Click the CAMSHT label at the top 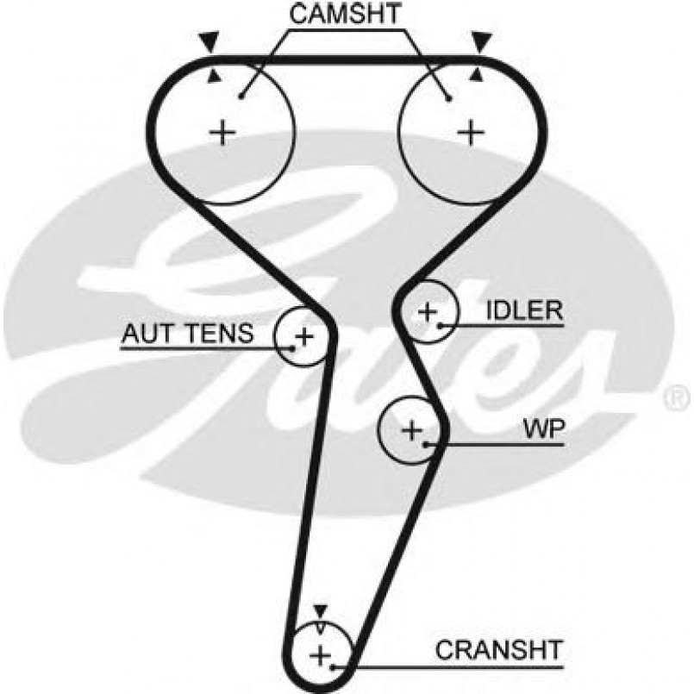(x=347, y=15)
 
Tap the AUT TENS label (x=187, y=332)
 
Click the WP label (x=541, y=428)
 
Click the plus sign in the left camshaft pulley (x=222, y=132)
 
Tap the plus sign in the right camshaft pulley (x=470, y=132)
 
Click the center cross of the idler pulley (x=428, y=311)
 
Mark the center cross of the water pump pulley (x=412, y=428)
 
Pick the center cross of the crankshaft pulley (x=321, y=655)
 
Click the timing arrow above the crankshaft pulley (x=321, y=611)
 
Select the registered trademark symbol (x=673, y=397)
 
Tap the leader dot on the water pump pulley (x=427, y=445)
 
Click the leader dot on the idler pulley (x=441, y=326)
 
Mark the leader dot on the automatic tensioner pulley (x=293, y=348)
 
